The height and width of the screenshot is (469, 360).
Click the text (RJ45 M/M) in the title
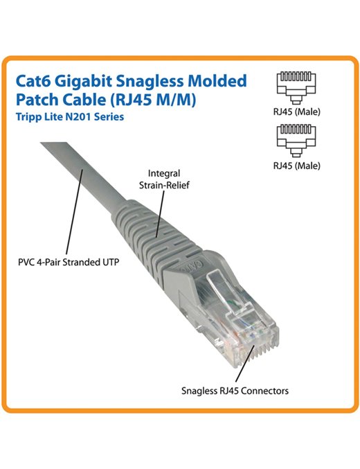(154, 100)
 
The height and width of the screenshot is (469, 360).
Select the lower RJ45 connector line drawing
(296, 141)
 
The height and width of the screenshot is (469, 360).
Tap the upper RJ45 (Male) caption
(296, 112)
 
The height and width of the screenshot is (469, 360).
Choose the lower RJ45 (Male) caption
(296, 166)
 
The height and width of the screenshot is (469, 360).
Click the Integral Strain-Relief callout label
(164, 179)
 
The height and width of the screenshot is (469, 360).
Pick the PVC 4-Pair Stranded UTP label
(69, 263)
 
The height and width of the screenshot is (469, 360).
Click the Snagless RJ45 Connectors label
(235, 391)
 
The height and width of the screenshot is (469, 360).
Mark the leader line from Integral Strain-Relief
(160, 214)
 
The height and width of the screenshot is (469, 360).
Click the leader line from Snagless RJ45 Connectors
(244, 363)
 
